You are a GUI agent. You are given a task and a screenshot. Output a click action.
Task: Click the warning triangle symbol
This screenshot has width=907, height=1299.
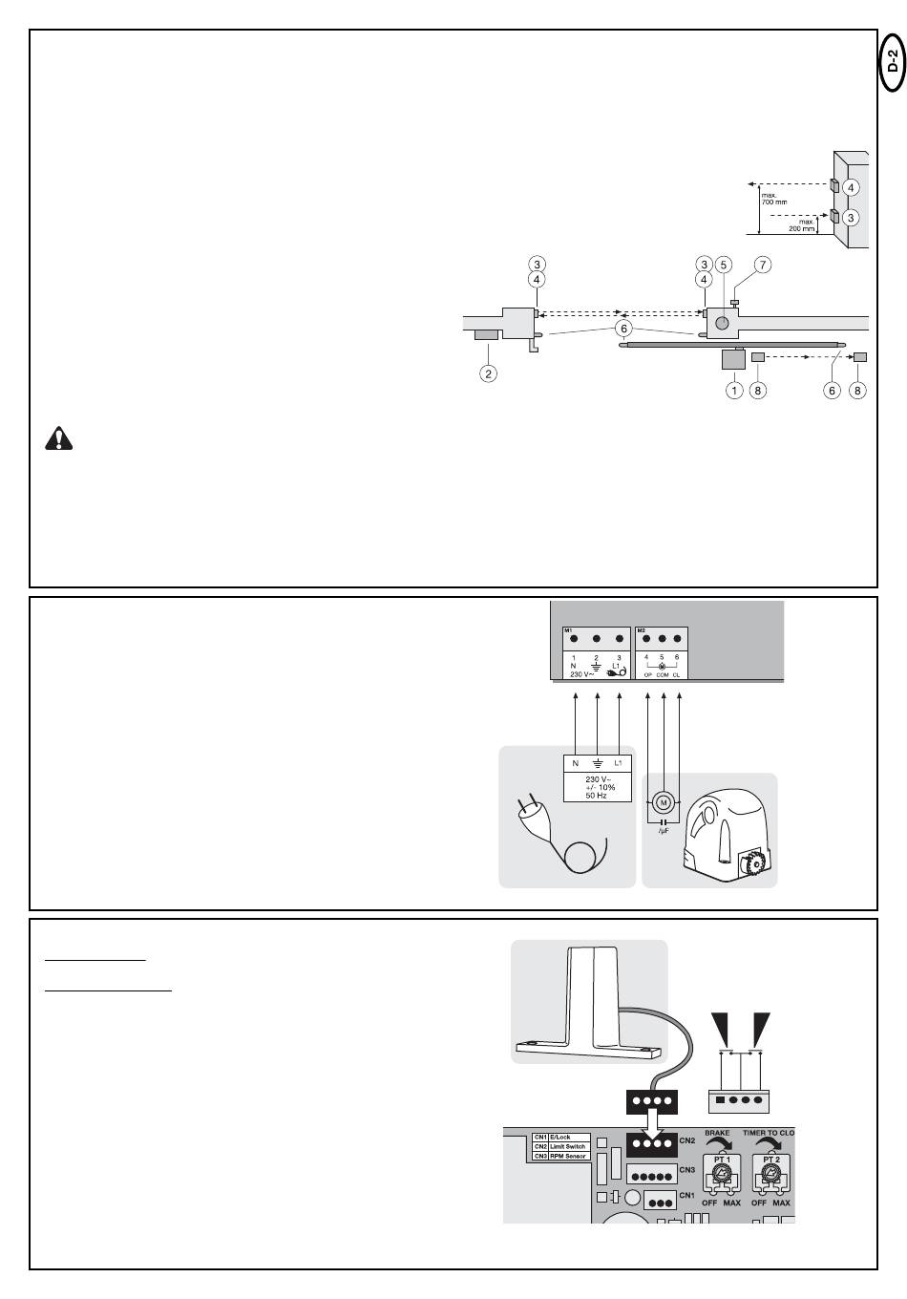(59, 439)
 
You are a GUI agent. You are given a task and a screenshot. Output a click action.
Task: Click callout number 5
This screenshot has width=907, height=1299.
(723, 264)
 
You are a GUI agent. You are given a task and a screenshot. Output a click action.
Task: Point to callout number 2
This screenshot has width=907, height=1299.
(488, 373)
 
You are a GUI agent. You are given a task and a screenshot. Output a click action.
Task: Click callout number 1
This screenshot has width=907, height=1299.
(734, 390)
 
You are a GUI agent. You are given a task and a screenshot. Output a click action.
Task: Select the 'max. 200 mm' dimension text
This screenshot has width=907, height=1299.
(801, 226)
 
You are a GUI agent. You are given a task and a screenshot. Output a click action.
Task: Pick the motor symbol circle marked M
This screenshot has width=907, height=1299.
(663, 802)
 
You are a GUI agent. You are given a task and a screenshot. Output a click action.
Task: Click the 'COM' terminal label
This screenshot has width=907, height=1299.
(663, 674)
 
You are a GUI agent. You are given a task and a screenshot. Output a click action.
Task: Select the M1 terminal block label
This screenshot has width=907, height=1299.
(569, 632)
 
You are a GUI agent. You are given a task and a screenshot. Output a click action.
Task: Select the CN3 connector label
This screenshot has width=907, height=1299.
(687, 1170)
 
